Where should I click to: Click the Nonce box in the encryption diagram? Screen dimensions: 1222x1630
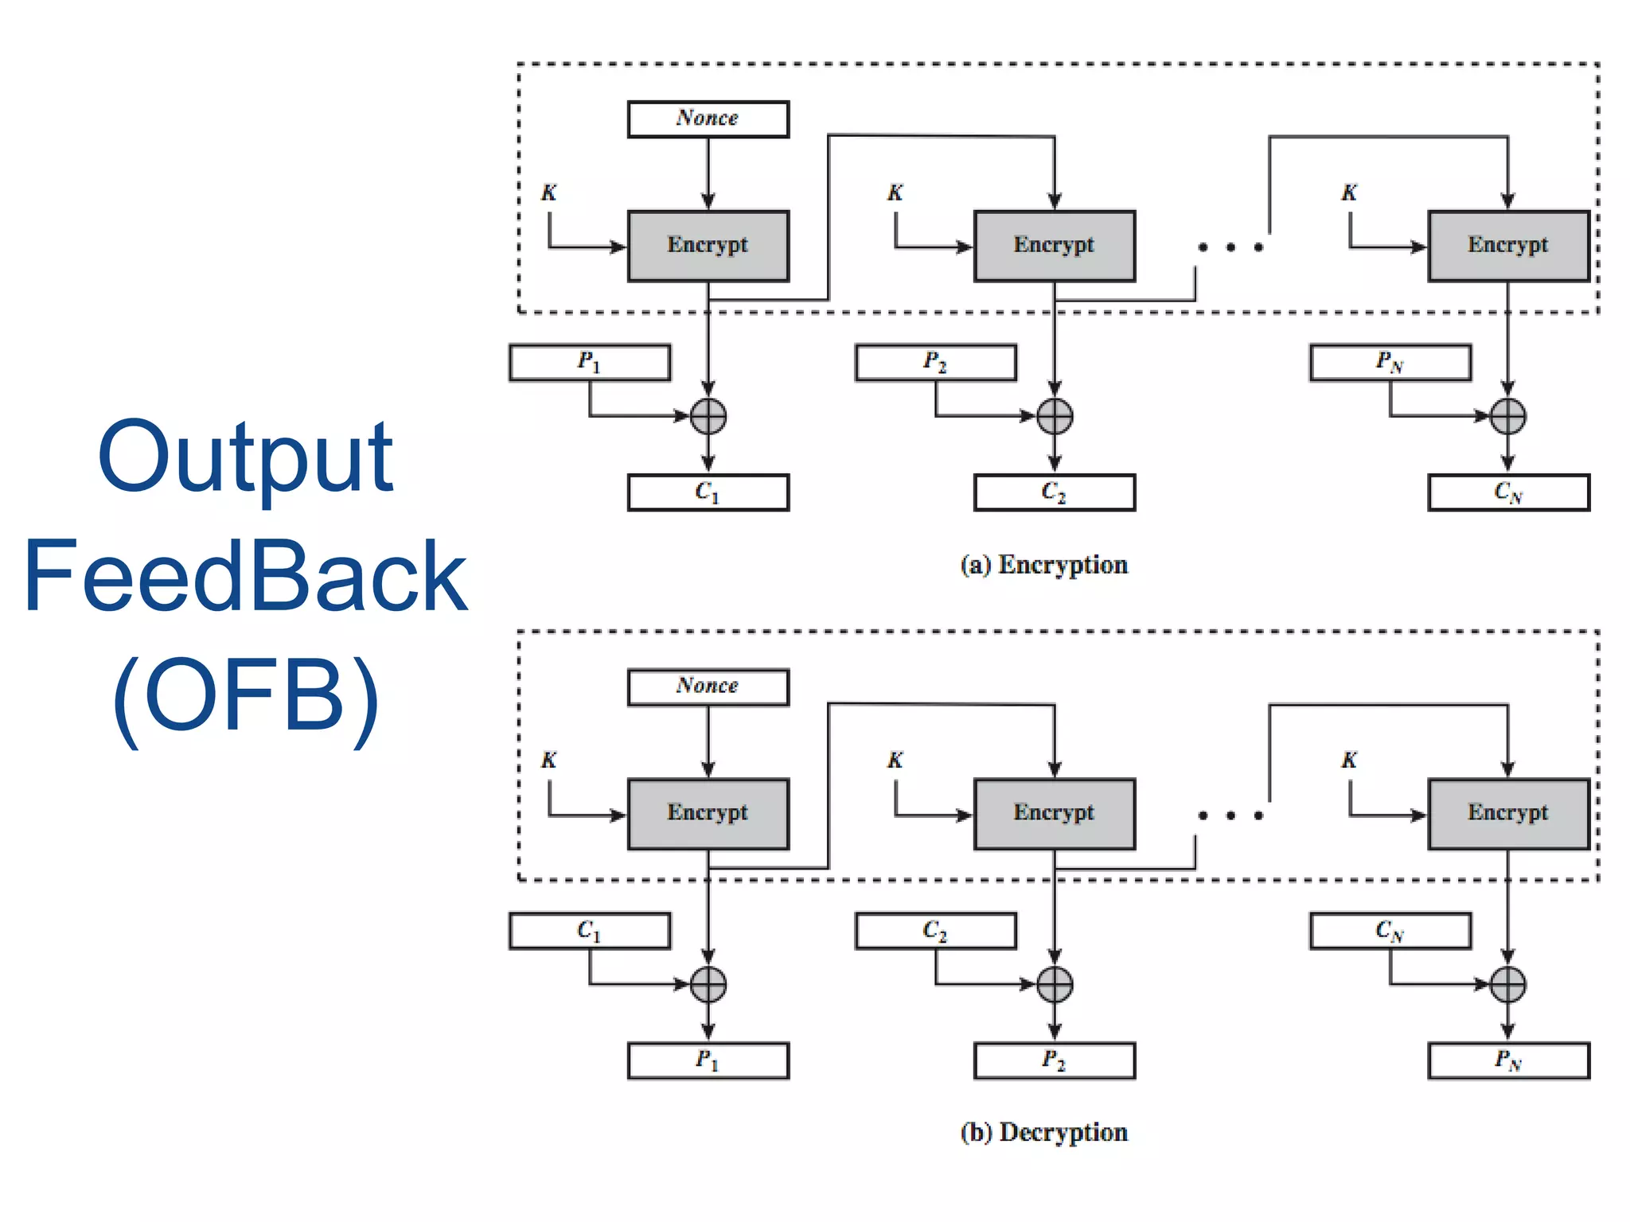[708, 119]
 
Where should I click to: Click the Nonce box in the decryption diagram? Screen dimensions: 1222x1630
[708, 687]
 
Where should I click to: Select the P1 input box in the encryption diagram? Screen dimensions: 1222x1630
[589, 363]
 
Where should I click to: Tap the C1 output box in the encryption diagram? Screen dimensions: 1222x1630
[708, 492]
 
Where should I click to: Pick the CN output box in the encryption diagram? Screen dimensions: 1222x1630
[1508, 492]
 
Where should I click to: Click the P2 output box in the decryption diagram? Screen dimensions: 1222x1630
[1054, 1060]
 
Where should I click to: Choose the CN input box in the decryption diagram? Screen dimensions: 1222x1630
[1390, 931]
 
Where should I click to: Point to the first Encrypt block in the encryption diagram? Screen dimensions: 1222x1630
[708, 246]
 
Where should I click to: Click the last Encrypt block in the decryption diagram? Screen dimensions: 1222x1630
[1508, 814]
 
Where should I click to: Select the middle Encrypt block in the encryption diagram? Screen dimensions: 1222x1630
[1054, 246]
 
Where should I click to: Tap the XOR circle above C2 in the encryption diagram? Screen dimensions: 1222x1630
[1055, 416]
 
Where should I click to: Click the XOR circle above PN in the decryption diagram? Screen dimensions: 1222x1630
[1507, 984]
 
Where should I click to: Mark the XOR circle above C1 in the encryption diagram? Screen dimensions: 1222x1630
[708, 416]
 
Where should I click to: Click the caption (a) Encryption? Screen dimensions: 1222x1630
[1043, 565]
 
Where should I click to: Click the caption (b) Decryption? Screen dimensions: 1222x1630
[1043, 1132]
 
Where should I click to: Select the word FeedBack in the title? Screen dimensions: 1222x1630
[245, 577]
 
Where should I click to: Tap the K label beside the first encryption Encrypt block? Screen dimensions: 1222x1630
[549, 193]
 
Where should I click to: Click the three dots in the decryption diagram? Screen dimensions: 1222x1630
[1230, 815]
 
